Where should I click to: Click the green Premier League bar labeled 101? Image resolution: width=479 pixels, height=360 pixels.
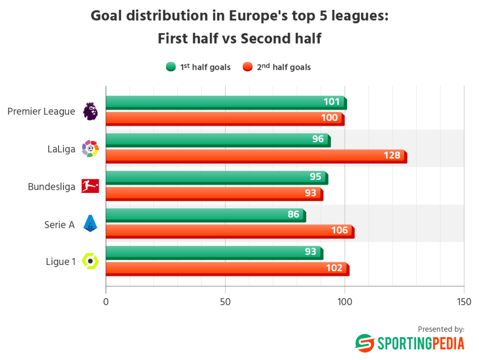225,102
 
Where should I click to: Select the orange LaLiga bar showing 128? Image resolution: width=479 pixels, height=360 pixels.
255,155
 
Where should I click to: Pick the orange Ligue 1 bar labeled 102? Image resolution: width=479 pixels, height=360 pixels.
226,268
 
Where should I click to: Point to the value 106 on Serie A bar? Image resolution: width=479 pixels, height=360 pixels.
340,230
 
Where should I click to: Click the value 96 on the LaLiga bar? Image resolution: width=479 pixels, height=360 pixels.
318,139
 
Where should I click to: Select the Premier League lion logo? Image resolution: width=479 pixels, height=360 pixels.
90,111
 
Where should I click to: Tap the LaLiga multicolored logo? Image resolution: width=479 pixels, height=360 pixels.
90,148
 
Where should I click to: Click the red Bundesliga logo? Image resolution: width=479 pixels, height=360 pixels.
90,186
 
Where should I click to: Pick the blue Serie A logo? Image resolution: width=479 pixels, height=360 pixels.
90,223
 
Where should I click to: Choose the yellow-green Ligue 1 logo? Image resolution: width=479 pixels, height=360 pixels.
90,261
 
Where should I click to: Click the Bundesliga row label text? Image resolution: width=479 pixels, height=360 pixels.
51,187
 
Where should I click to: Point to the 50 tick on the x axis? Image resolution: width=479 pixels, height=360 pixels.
225,302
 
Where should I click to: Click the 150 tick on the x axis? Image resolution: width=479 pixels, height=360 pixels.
464,302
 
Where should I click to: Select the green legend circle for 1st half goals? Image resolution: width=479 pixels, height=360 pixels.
171,67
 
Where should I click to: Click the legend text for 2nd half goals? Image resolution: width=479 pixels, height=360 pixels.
283,67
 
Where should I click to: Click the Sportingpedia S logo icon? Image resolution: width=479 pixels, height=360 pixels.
363,343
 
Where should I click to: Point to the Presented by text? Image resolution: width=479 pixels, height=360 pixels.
441,329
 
